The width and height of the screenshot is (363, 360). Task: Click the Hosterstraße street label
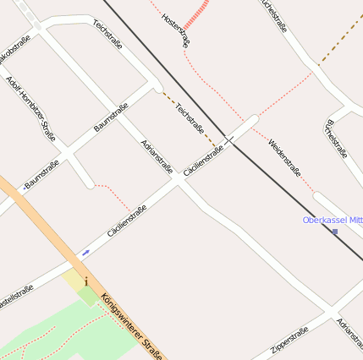pyautogui.click(x=175, y=30)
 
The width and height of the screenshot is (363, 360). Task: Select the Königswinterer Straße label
pyautogui.click(x=131, y=326)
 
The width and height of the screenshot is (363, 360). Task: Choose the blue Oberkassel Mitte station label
pyautogui.click(x=333, y=221)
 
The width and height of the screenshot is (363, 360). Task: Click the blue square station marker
pyautogui.click(x=335, y=232)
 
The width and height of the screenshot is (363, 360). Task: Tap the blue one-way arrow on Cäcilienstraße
pyautogui.click(x=85, y=252)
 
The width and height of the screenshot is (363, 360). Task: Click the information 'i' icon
pyautogui.click(x=86, y=281)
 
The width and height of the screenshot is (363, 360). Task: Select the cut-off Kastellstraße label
pyautogui.click(x=16, y=292)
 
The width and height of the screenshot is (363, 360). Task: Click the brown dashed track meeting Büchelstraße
pyautogui.click(x=319, y=63)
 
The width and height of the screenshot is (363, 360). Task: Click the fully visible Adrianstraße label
pyautogui.click(x=157, y=157)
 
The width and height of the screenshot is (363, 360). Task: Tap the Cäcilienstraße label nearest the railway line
pyautogui.click(x=203, y=161)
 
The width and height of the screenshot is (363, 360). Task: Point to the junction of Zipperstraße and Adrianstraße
pyautogui.click(x=328, y=315)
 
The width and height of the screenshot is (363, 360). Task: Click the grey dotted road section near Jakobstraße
pyautogui.click(x=29, y=15)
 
